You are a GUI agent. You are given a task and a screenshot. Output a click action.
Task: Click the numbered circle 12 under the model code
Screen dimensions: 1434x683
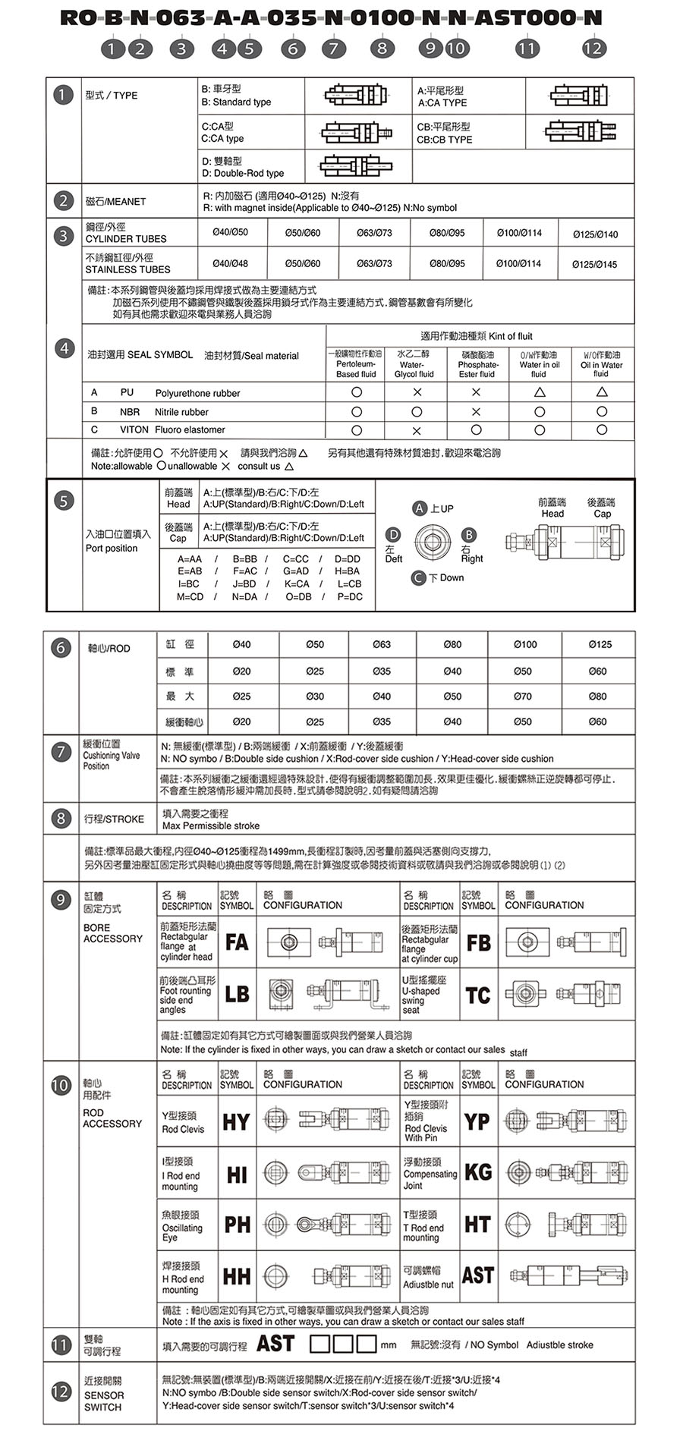(593, 49)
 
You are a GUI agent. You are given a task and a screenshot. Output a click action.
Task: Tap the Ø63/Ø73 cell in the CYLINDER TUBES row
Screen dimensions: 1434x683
(374, 233)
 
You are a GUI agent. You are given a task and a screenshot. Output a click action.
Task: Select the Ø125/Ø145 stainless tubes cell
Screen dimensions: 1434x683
(595, 265)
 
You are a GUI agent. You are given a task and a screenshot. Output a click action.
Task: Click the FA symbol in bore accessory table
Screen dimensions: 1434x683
(237, 942)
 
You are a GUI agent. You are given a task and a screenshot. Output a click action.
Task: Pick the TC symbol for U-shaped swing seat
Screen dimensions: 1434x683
(478, 995)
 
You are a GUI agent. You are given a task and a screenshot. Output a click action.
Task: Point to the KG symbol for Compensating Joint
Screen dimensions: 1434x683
(478, 1172)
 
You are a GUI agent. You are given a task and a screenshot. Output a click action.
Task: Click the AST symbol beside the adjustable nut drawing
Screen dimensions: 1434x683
(478, 1275)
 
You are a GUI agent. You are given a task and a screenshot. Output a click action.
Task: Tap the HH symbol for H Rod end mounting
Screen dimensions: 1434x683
(237, 1277)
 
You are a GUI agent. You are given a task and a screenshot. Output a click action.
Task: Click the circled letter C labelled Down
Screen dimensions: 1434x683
(418, 578)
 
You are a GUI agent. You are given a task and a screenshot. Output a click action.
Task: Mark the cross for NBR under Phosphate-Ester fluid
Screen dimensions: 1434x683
(476, 411)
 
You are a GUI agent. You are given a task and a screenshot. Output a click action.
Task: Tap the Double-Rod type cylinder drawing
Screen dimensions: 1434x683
(356, 166)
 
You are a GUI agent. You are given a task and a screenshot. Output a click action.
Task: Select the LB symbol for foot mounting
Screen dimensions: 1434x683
(237, 994)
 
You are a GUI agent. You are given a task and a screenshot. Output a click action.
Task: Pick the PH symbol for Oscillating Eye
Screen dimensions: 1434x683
(237, 1224)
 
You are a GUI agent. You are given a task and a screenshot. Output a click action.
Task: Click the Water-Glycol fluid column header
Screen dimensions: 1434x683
(414, 364)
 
